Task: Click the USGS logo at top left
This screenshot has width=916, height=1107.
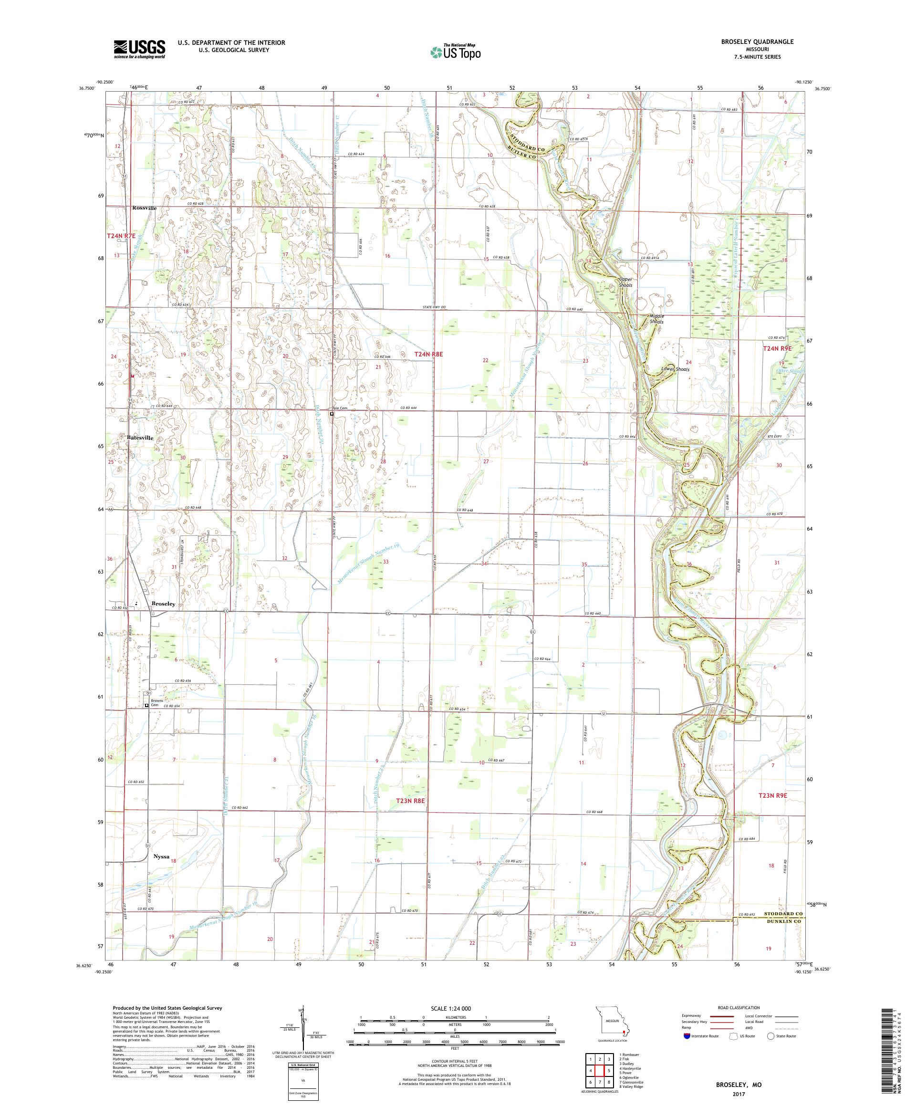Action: coord(140,50)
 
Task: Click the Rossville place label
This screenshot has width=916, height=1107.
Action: coord(145,208)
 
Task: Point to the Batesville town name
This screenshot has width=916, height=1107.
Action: coord(140,438)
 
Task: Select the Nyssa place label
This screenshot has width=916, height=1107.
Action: coord(161,856)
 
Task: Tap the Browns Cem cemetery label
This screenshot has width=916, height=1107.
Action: coord(155,705)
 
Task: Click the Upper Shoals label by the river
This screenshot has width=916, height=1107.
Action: coord(625,282)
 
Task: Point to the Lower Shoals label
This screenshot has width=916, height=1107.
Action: coord(675,369)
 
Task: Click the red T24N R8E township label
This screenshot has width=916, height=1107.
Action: coord(428,355)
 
